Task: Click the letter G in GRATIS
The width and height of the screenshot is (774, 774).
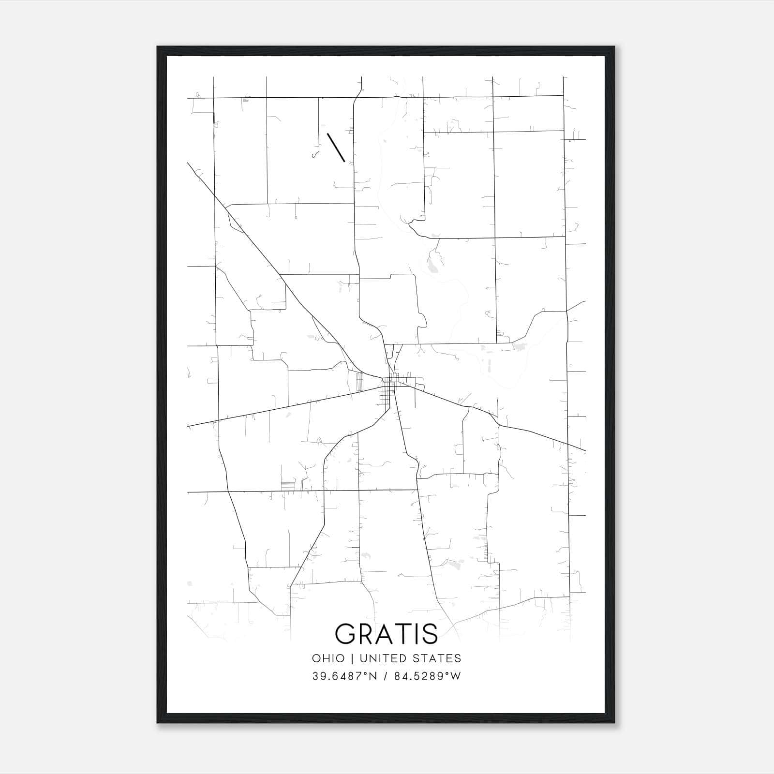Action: [346, 634]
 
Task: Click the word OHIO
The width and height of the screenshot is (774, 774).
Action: [328, 658]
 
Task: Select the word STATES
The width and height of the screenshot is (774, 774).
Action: [441, 658]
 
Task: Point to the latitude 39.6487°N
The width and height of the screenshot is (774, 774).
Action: [344, 676]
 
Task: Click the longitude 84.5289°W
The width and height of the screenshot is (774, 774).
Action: [428, 676]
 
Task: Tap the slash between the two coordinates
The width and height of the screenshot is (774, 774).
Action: [386, 676]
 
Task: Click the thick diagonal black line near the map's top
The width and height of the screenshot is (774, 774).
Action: [336, 147]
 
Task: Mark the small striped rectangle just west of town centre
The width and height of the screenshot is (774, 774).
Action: [359, 382]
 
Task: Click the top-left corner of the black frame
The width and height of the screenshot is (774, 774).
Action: [158, 47]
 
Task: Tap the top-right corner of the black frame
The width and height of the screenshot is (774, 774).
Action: [614, 47]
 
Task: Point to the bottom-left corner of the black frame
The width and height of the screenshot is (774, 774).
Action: [158, 723]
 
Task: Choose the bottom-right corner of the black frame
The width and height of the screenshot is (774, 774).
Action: [614, 723]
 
